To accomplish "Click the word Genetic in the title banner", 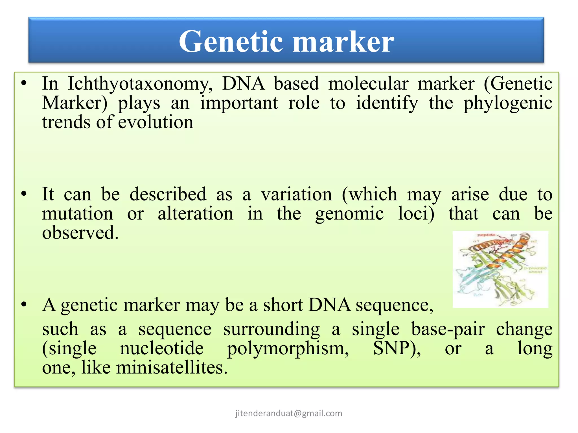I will click(x=231, y=42).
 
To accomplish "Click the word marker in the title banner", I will click(x=343, y=42).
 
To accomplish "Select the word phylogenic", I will click(x=508, y=103).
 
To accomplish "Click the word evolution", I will click(x=156, y=122).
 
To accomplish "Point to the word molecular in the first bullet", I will click(x=368, y=84).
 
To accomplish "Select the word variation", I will click(x=296, y=194).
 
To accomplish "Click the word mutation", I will click(x=78, y=213).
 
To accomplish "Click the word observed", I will click(x=80, y=233).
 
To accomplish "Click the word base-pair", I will click(x=448, y=329).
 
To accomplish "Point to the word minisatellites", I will click(x=172, y=368).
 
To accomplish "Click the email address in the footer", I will click(x=289, y=413).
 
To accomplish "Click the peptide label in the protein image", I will click(x=486, y=235).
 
